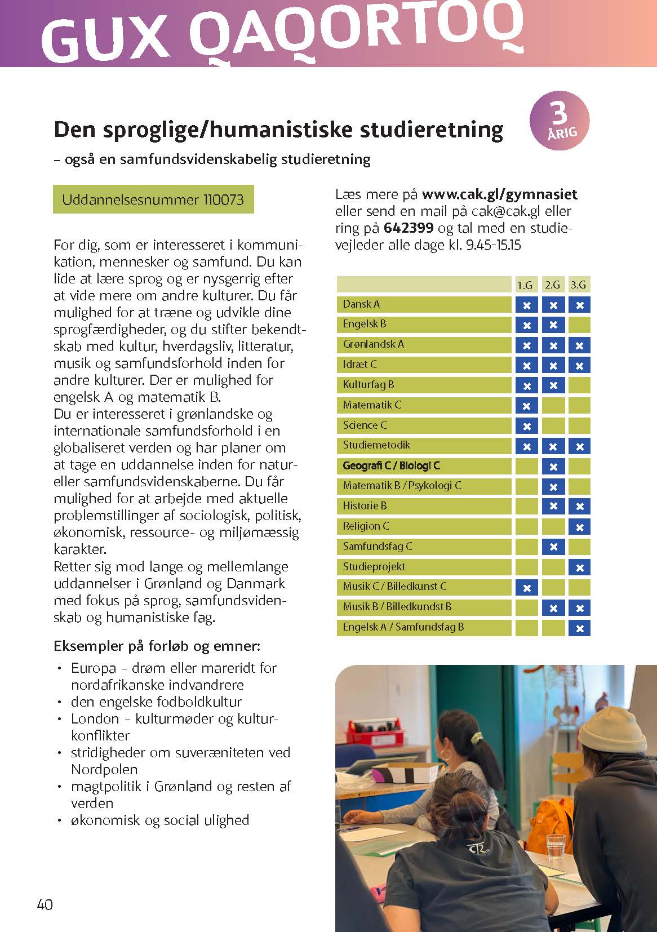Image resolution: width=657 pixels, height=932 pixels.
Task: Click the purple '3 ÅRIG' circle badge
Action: (x=559, y=121)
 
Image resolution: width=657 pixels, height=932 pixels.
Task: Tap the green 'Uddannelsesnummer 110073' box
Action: (x=153, y=199)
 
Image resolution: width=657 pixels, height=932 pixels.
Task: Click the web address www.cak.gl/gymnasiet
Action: (x=499, y=194)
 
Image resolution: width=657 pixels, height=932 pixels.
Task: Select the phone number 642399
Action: (x=409, y=228)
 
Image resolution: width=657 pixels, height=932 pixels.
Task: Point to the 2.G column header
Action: (x=553, y=285)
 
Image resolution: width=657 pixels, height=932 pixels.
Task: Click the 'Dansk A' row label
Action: (x=362, y=304)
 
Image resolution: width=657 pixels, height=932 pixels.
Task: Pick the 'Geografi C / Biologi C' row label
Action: (x=391, y=466)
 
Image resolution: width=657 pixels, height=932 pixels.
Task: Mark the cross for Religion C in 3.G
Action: (x=579, y=527)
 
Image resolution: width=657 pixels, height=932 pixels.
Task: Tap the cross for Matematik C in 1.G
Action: (x=527, y=406)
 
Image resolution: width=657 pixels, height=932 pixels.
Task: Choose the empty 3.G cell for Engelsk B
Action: (x=579, y=325)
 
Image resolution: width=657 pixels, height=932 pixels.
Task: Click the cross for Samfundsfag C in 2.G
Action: (x=553, y=547)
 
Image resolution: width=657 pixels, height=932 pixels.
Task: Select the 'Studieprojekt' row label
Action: (x=374, y=567)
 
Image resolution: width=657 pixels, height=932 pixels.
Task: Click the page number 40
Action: (x=45, y=904)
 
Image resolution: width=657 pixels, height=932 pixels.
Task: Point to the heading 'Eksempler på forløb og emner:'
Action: (x=157, y=646)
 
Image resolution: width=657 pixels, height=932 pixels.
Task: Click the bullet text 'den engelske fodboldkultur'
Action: (x=156, y=702)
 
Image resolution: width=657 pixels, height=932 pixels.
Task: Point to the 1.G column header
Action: (x=525, y=285)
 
